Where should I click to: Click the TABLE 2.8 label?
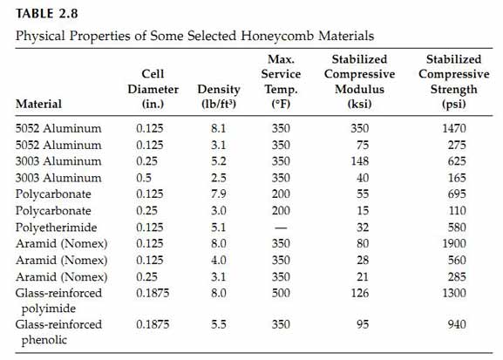pyautogui.click(x=47, y=13)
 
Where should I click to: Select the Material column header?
pyautogui.click(x=38, y=104)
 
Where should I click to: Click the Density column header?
pyautogui.click(x=219, y=96)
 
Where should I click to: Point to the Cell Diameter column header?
pyautogui.click(x=153, y=89)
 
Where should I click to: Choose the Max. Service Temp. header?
pyautogui.click(x=281, y=81)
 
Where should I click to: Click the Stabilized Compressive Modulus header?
pyautogui.click(x=359, y=81)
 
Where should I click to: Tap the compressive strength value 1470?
pyautogui.click(x=454, y=128)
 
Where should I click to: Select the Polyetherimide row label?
pyautogui.click(x=56, y=228)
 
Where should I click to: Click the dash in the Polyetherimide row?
pyautogui.click(x=281, y=228)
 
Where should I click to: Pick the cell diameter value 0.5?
pyautogui.click(x=144, y=178)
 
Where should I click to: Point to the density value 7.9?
pyautogui.click(x=219, y=194)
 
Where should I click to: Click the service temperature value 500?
pyautogui.click(x=281, y=293)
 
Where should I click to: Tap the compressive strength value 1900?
pyautogui.click(x=454, y=243)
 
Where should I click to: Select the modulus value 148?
pyautogui.click(x=360, y=161)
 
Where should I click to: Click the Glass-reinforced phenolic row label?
pyautogui.click(x=58, y=332)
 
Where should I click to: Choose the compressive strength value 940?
pyautogui.click(x=457, y=324)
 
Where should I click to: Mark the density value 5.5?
pyautogui.click(x=219, y=324)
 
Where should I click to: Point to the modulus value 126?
pyautogui.click(x=360, y=293)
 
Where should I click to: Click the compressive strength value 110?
pyautogui.click(x=457, y=211)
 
